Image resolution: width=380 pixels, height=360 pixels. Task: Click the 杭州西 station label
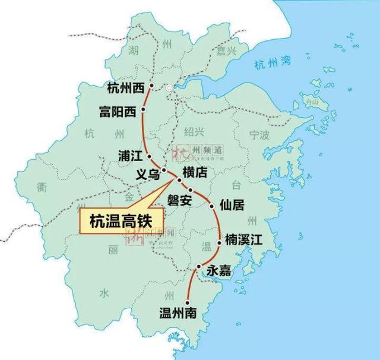[x=126, y=89]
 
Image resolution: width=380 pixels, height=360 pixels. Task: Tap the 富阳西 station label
[x=117, y=112]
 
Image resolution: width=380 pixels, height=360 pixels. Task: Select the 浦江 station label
[x=131, y=157]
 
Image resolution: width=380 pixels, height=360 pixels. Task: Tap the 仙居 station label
[x=232, y=206]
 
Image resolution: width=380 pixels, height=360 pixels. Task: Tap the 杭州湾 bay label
[x=268, y=65]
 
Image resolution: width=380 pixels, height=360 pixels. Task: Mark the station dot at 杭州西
[x=152, y=86]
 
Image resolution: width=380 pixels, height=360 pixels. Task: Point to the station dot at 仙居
[x=213, y=206]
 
